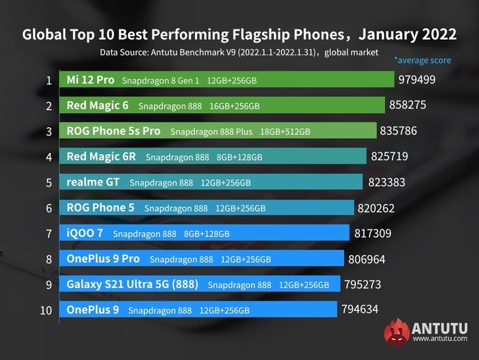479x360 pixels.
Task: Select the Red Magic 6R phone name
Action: [101, 157]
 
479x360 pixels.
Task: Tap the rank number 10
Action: [45, 310]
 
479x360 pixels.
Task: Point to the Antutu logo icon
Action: [396, 331]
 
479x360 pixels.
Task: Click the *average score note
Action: [422, 61]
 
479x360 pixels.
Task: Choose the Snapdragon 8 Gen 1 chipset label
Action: [160, 81]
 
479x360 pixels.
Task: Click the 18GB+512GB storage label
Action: [285, 131]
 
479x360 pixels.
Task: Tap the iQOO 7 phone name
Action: [85, 233]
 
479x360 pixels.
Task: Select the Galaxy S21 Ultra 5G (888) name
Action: [132, 285]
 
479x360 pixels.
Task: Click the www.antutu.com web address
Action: [439, 340]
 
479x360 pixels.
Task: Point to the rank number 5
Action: [48, 182]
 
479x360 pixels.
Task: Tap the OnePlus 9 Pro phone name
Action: [103, 259]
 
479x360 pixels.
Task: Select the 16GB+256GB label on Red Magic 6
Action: [234, 106]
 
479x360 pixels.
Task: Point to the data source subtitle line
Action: [238, 52]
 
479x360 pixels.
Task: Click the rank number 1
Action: [48, 80]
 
